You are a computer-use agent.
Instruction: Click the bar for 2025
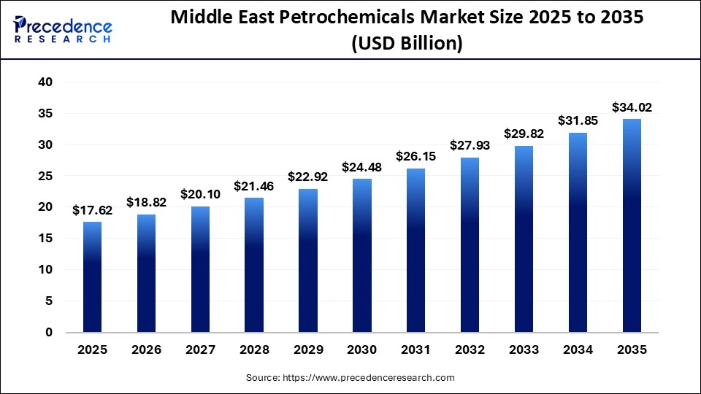92,277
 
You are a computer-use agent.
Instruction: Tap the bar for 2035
632,225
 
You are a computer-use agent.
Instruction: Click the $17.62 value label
92,211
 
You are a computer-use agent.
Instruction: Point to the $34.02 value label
632,108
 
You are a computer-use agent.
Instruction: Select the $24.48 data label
362,168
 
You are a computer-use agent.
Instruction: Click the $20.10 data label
200,195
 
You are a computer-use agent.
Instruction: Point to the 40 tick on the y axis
45,82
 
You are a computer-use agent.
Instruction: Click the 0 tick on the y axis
49,332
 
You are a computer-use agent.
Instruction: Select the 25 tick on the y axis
45,176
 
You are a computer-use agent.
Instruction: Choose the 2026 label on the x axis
146,350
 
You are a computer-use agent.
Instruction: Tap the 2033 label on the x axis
524,350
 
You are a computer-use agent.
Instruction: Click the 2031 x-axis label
416,350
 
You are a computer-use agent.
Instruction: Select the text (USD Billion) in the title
407,44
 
